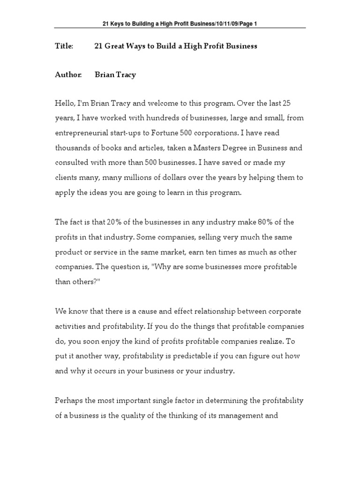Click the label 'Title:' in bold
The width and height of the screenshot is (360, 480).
point(64,46)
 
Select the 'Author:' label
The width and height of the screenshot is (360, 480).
point(68,75)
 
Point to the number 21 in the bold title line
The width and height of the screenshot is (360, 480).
point(99,46)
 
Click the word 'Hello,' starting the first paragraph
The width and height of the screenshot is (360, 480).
point(66,103)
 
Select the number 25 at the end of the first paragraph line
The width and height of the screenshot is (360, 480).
point(292,103)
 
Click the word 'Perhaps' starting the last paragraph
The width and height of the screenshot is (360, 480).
point(70,400)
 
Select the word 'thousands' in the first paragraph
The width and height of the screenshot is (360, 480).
point(73,148)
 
